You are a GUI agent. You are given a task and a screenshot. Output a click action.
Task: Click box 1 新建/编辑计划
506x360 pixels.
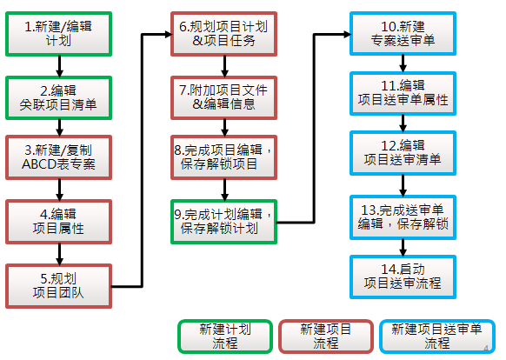coord(59,34)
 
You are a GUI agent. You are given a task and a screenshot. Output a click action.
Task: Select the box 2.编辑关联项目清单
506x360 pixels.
coord(59,98)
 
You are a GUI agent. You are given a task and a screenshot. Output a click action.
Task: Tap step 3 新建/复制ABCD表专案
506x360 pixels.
coord(59,157)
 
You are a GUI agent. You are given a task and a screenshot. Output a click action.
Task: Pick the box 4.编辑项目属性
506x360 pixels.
coord(59,222)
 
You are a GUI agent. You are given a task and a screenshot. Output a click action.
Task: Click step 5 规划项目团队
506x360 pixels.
coord(59,286)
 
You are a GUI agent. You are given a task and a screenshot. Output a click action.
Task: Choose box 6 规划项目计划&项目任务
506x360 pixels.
coord(223,34)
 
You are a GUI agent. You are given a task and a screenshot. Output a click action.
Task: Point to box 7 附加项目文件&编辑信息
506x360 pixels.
coord(223,98)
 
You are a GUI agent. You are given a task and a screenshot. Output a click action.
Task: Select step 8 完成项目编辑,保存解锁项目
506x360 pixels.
coord(223,157)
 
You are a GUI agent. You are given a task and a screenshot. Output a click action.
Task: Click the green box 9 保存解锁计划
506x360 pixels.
coord(223,222)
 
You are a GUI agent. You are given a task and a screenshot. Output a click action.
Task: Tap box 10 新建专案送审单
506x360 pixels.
coord(403,34)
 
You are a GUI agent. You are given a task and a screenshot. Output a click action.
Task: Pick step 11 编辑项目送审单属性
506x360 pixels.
coord(403,93)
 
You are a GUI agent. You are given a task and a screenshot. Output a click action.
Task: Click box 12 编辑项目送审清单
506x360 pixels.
coord(403,153)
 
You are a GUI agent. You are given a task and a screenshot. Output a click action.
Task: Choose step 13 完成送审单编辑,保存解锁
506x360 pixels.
coord(403,217)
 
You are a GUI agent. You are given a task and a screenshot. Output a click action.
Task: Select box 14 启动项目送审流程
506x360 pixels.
coord(403,277)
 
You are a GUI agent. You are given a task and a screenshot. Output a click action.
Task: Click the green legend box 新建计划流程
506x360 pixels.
coord(225,337)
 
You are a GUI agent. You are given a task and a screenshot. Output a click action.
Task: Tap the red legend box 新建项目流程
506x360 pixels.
coord(326,337)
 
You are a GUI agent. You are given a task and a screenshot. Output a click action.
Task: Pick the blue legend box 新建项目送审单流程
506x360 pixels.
coord(437,337)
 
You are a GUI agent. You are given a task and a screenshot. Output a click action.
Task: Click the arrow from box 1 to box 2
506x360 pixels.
coord(59,66)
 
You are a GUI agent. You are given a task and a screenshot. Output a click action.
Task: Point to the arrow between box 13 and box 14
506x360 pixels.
coord(403,247)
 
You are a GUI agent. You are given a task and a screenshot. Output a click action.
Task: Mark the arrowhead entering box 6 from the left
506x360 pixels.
coord(169,34)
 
